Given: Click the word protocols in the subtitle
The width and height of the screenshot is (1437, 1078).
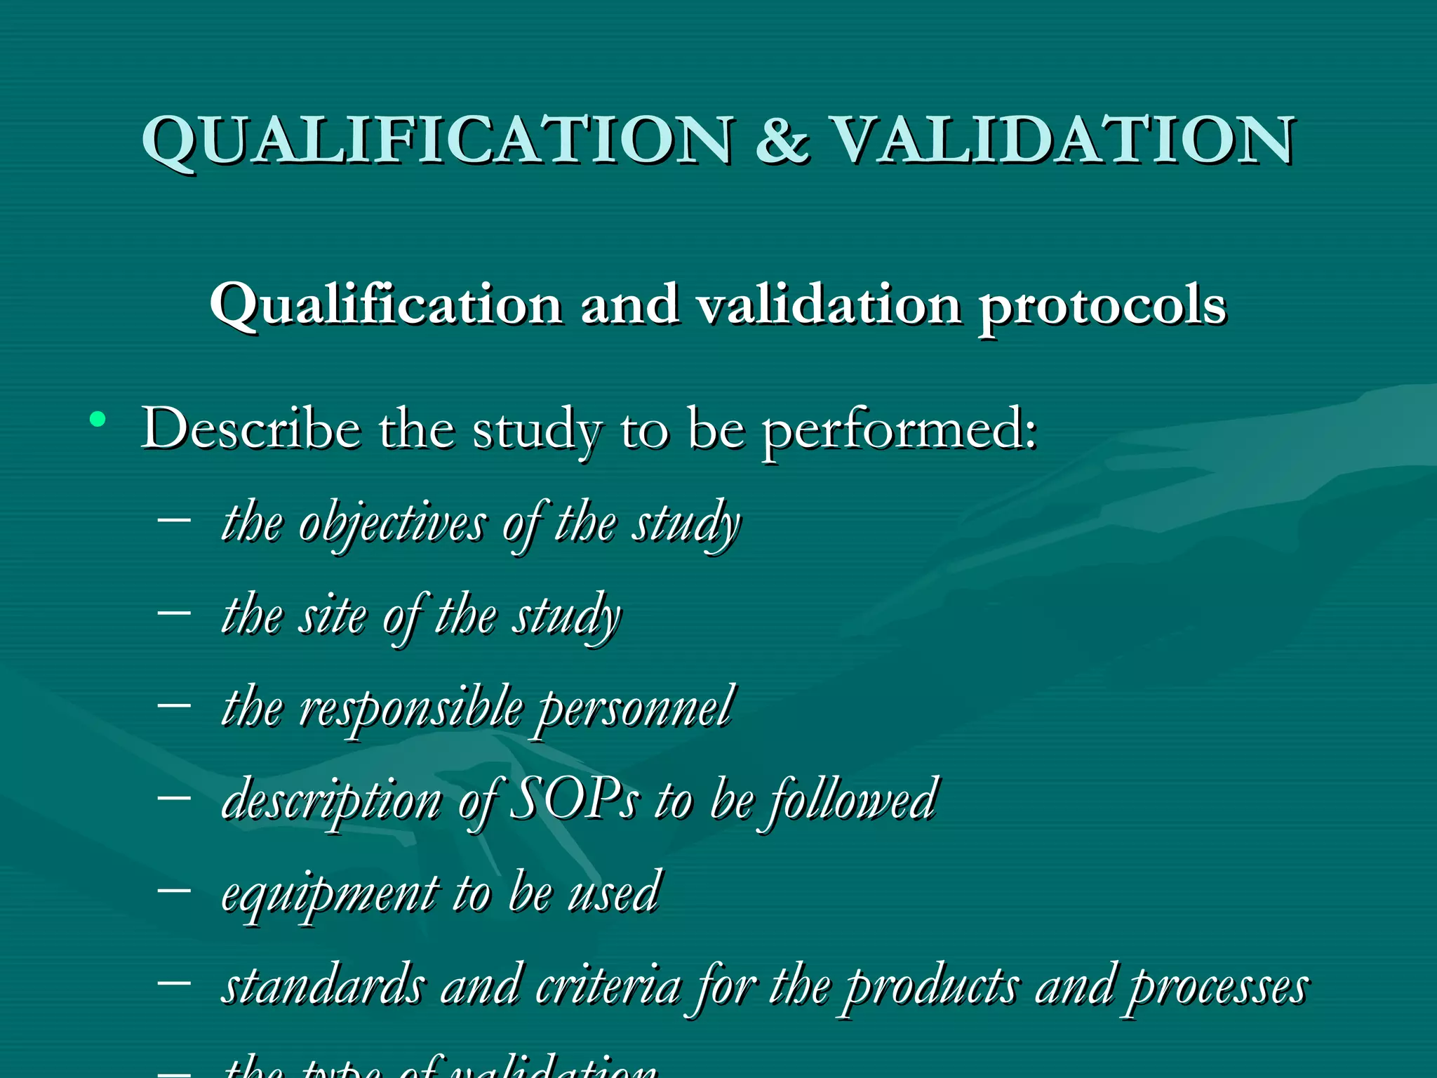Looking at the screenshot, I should coord(1102,307).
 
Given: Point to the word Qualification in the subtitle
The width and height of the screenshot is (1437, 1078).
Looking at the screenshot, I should coord(385,307).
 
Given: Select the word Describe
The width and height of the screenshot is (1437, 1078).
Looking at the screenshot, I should coord(250,428).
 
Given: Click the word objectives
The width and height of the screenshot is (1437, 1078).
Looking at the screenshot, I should coord(392,524).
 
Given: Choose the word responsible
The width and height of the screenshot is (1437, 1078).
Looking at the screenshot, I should coord(410,708).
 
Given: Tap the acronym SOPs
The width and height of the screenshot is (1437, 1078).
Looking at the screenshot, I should coord(574,801).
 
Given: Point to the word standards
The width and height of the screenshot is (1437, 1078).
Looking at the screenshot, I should coord(323,986).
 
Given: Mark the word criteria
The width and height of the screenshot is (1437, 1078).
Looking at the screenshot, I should coord(608,986).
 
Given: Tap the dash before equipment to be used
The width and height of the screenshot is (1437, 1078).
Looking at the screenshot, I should coord(175,889).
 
